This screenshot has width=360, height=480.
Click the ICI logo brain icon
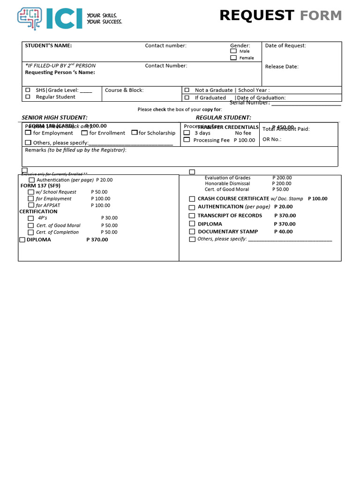29,18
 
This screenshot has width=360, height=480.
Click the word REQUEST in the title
256,15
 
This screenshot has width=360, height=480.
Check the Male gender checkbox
233,51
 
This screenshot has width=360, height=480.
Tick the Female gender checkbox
233,58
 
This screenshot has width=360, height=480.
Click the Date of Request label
285,45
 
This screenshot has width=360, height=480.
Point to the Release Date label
282,67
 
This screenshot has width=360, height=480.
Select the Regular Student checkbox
28,97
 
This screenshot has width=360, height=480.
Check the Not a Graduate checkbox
187,90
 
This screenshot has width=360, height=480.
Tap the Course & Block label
124,90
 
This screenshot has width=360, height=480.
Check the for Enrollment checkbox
84,133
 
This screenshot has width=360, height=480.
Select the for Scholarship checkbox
135,133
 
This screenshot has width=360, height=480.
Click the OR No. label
272,139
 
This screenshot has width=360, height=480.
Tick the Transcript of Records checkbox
192,216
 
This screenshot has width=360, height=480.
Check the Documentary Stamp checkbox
192,232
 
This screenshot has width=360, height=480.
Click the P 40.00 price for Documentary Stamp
283,232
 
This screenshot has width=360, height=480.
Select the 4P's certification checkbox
31,218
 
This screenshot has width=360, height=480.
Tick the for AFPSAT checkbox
31,205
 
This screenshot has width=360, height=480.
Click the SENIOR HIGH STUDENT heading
55,118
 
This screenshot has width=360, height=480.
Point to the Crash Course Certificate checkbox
192,199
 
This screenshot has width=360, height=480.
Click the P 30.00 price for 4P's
109,218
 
